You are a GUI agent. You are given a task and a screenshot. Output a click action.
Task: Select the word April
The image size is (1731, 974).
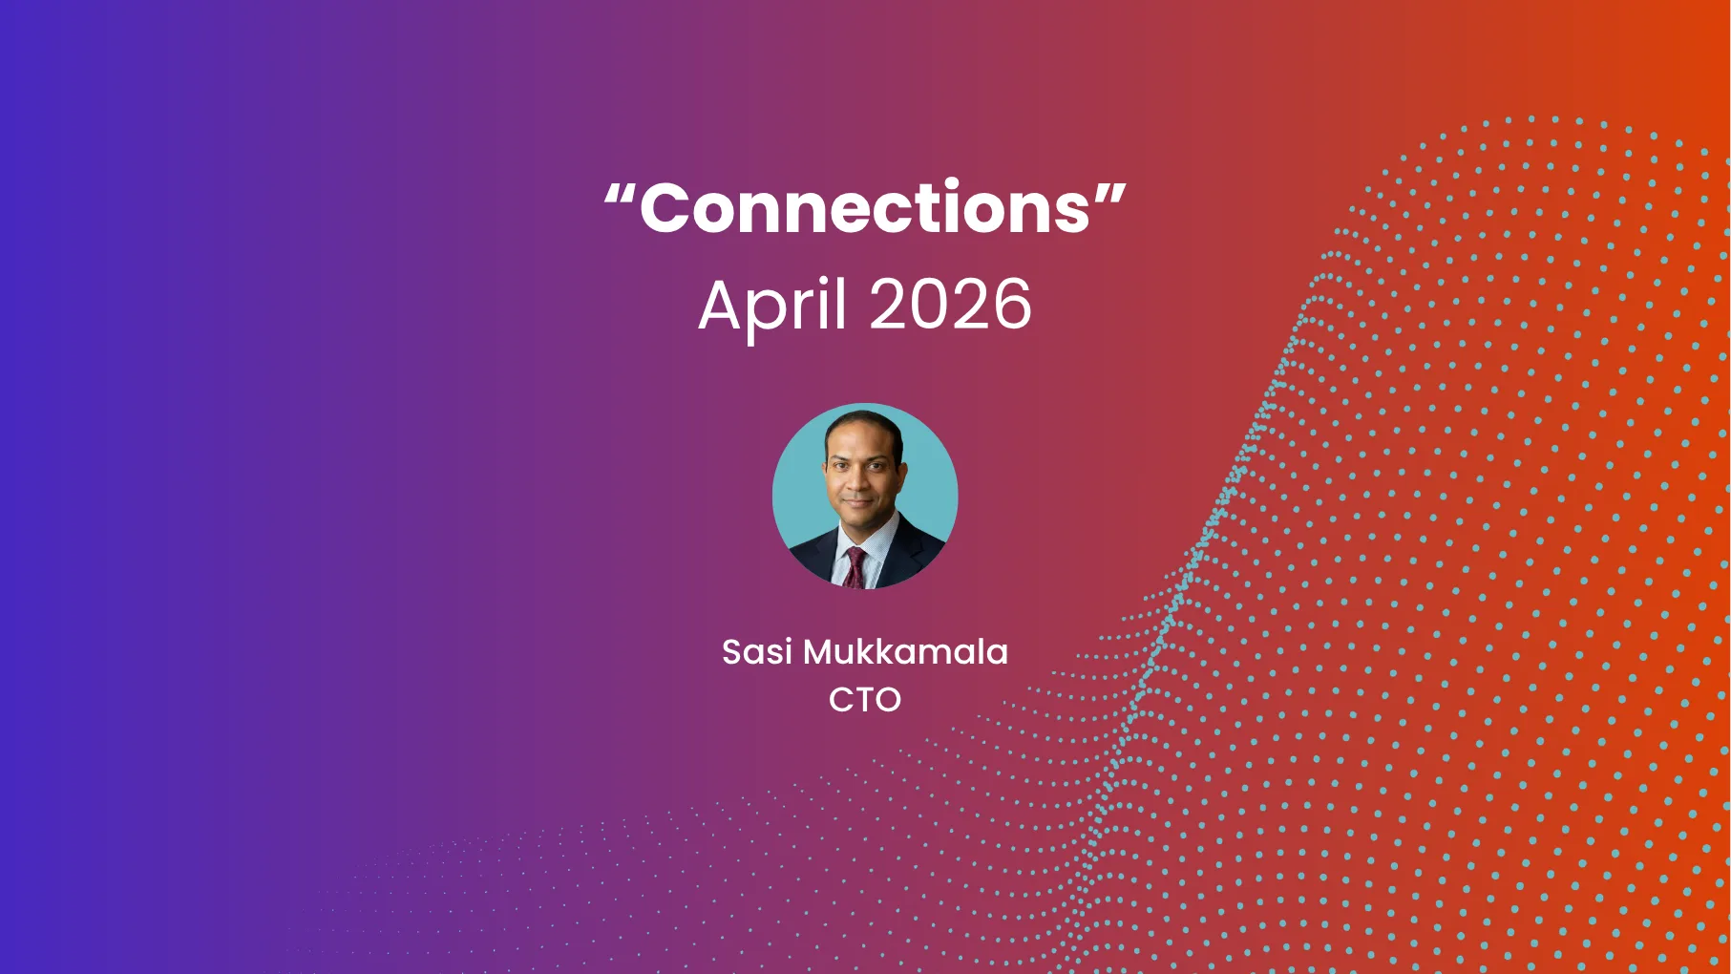click(x=772, y=306)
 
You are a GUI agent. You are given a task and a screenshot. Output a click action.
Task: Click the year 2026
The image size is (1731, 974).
click(x=951, y=305)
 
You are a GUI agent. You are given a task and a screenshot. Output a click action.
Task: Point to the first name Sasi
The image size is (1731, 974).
click(x=757, y=652)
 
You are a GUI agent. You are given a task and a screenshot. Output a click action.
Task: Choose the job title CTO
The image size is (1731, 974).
click(x=865, y=700)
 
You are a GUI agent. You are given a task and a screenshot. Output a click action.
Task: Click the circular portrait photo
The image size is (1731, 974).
click(x=865, y=496)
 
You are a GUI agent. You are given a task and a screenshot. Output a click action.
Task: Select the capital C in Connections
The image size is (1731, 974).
click(x=665, y=207)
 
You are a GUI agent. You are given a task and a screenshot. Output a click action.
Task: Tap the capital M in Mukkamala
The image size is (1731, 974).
click(x=821, y=652)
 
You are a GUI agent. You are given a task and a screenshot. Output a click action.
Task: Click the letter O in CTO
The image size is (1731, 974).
click(x=887, y=700)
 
